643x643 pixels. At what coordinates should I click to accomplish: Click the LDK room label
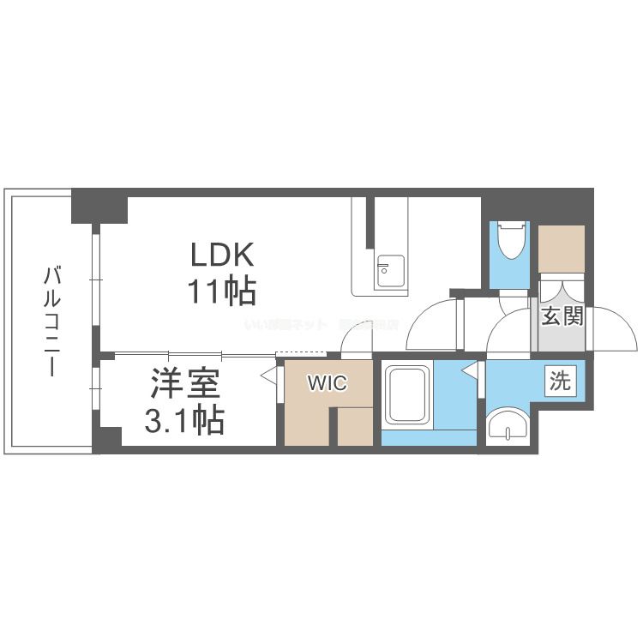pos(221,255)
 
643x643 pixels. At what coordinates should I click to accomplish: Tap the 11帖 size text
pos(221,292)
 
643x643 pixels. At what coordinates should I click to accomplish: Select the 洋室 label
pos(187,383)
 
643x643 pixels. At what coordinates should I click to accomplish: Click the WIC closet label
pos(328,383)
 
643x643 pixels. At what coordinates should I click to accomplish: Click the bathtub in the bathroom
pos(407,397)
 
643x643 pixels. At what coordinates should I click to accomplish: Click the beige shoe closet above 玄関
pos(562,248)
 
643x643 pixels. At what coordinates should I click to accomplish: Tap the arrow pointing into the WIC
pos(269,375)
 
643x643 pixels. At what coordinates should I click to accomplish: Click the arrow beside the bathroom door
pos(470,370)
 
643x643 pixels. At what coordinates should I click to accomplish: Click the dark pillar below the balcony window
pos(107,440)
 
